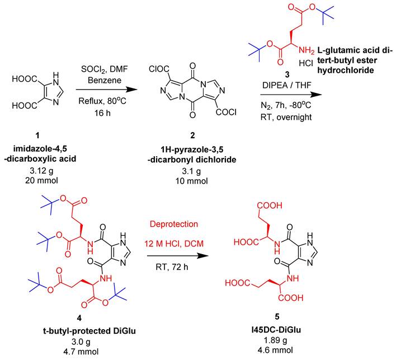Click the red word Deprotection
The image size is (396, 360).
(x=174, y=225)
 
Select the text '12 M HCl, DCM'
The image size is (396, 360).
(x=174, y=244)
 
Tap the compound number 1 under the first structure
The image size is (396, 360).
(x=37, y=136)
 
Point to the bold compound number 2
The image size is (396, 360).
(x=192, y=135)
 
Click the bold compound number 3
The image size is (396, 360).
(x=287, y=74)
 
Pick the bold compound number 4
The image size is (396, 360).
(x=79, y=318)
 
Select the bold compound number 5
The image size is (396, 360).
(x=277, y=316)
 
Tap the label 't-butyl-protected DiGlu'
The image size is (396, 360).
(x=89, y=331)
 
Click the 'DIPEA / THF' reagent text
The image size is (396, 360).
(x=286, y=86)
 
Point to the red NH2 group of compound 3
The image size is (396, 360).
(x=307, y=50)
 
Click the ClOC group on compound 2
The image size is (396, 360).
(x=159, y=68)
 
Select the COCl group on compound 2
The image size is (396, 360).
(x=226, y=112)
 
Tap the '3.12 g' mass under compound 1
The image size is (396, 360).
(x=41, y=171)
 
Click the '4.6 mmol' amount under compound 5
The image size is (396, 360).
(x=275, y=350)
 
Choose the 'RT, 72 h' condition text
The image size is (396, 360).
(x=172, y=267)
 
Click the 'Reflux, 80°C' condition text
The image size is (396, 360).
(x=102, y=101)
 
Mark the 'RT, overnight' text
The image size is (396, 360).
(x=286, y=118)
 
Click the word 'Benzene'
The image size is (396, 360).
(x=105, y=81)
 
